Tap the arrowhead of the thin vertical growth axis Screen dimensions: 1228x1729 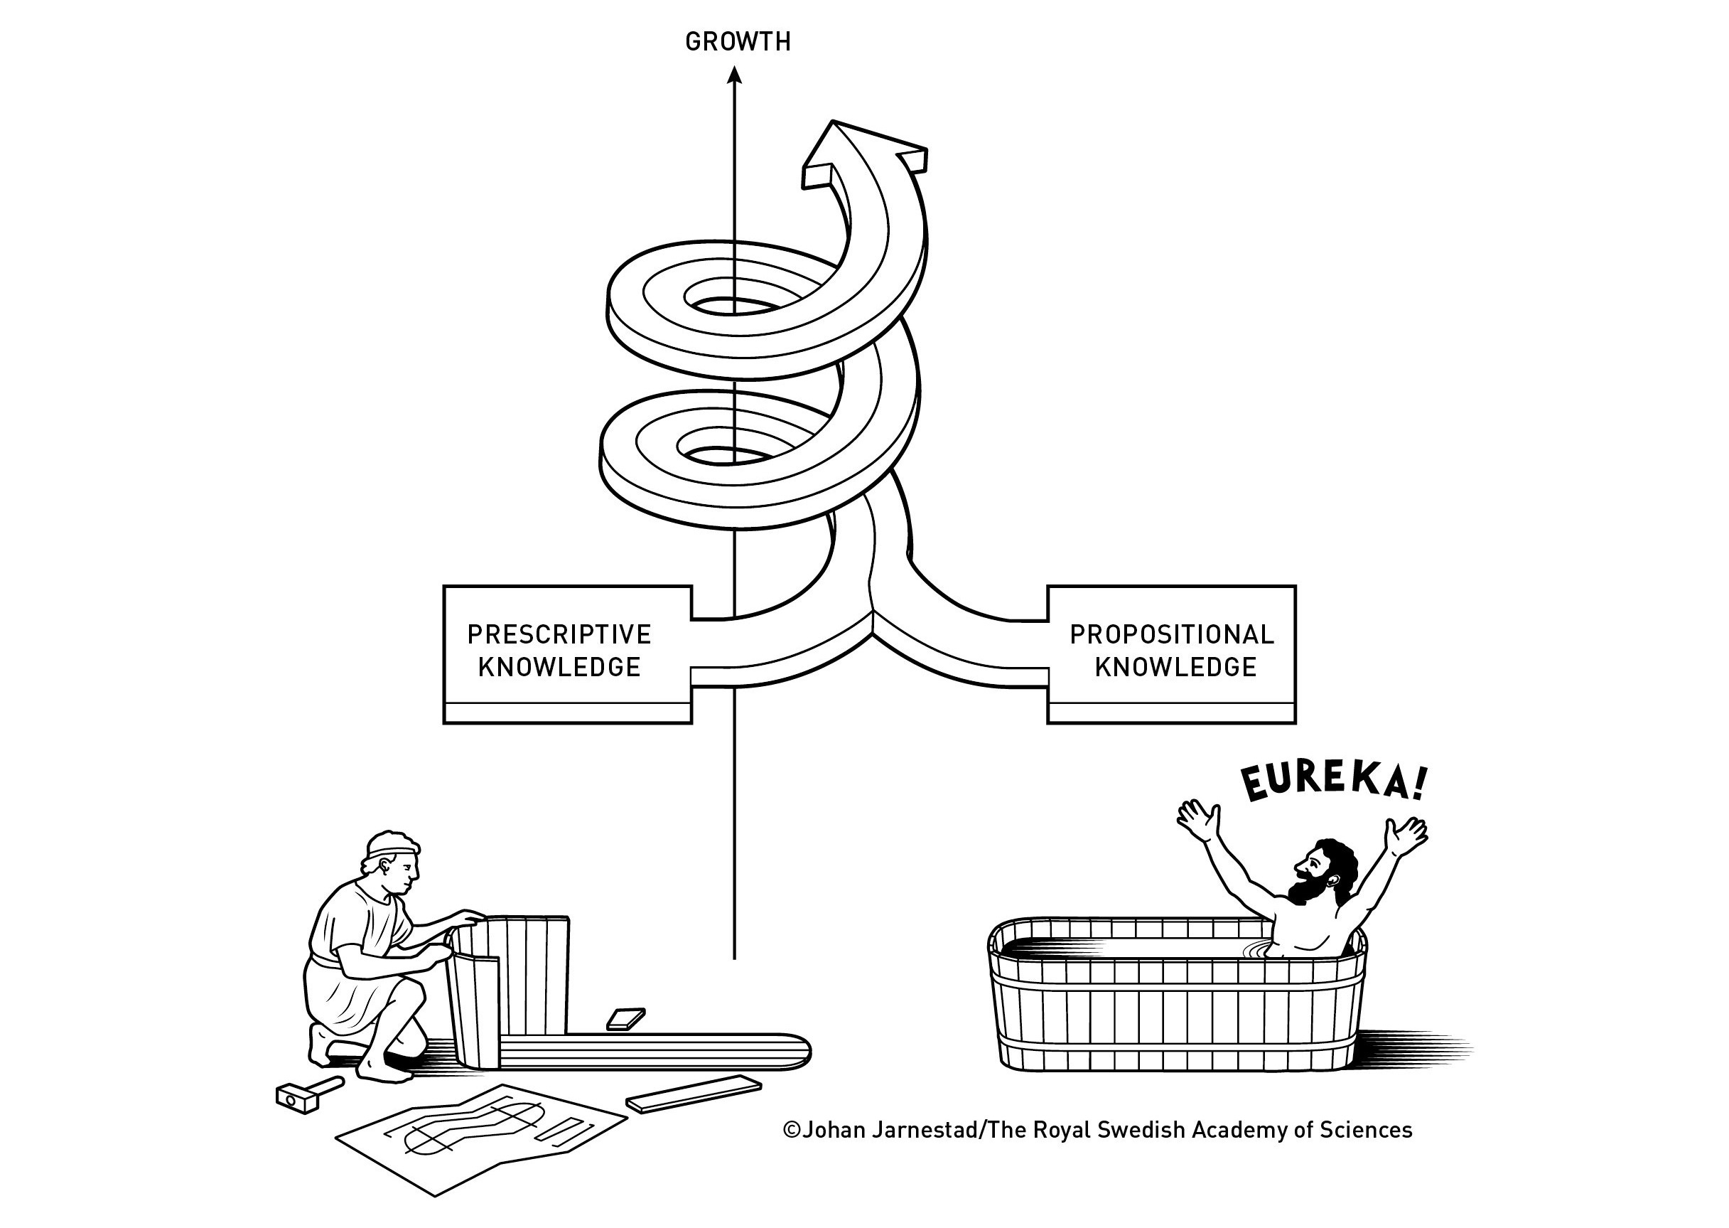click(734, 75)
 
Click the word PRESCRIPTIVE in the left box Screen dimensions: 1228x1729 click(559, 634)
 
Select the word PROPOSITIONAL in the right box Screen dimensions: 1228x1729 click(1171, 634)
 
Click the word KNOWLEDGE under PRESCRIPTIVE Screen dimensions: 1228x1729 click(559, 667)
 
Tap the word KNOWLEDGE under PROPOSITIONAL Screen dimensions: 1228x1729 click(1176, 667)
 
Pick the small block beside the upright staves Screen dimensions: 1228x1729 click(625, 1018)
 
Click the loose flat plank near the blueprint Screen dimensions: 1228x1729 click(694, 1094)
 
